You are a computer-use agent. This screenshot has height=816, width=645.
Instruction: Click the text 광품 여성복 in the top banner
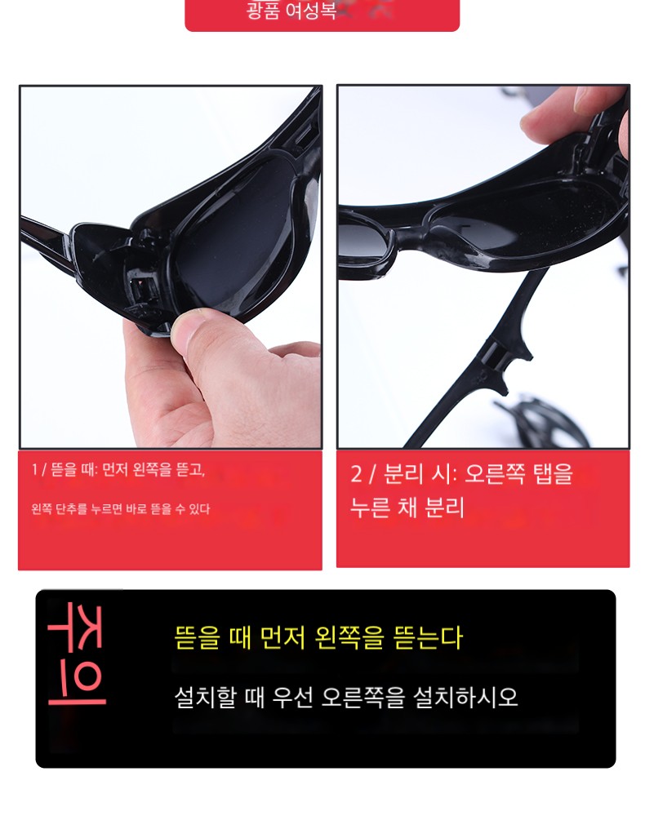(x=291, y=11)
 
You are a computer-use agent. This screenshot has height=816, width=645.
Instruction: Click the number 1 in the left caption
(x=34, y=470)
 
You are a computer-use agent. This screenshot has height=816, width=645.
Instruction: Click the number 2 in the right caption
(x=356, y=474)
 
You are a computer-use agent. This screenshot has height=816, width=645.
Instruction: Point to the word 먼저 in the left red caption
(x=115, y=470)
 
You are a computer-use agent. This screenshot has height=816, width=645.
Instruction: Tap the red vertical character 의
(x=77, y=685)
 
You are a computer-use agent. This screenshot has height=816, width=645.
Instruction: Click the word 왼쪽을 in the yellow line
(x=349, y=637)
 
